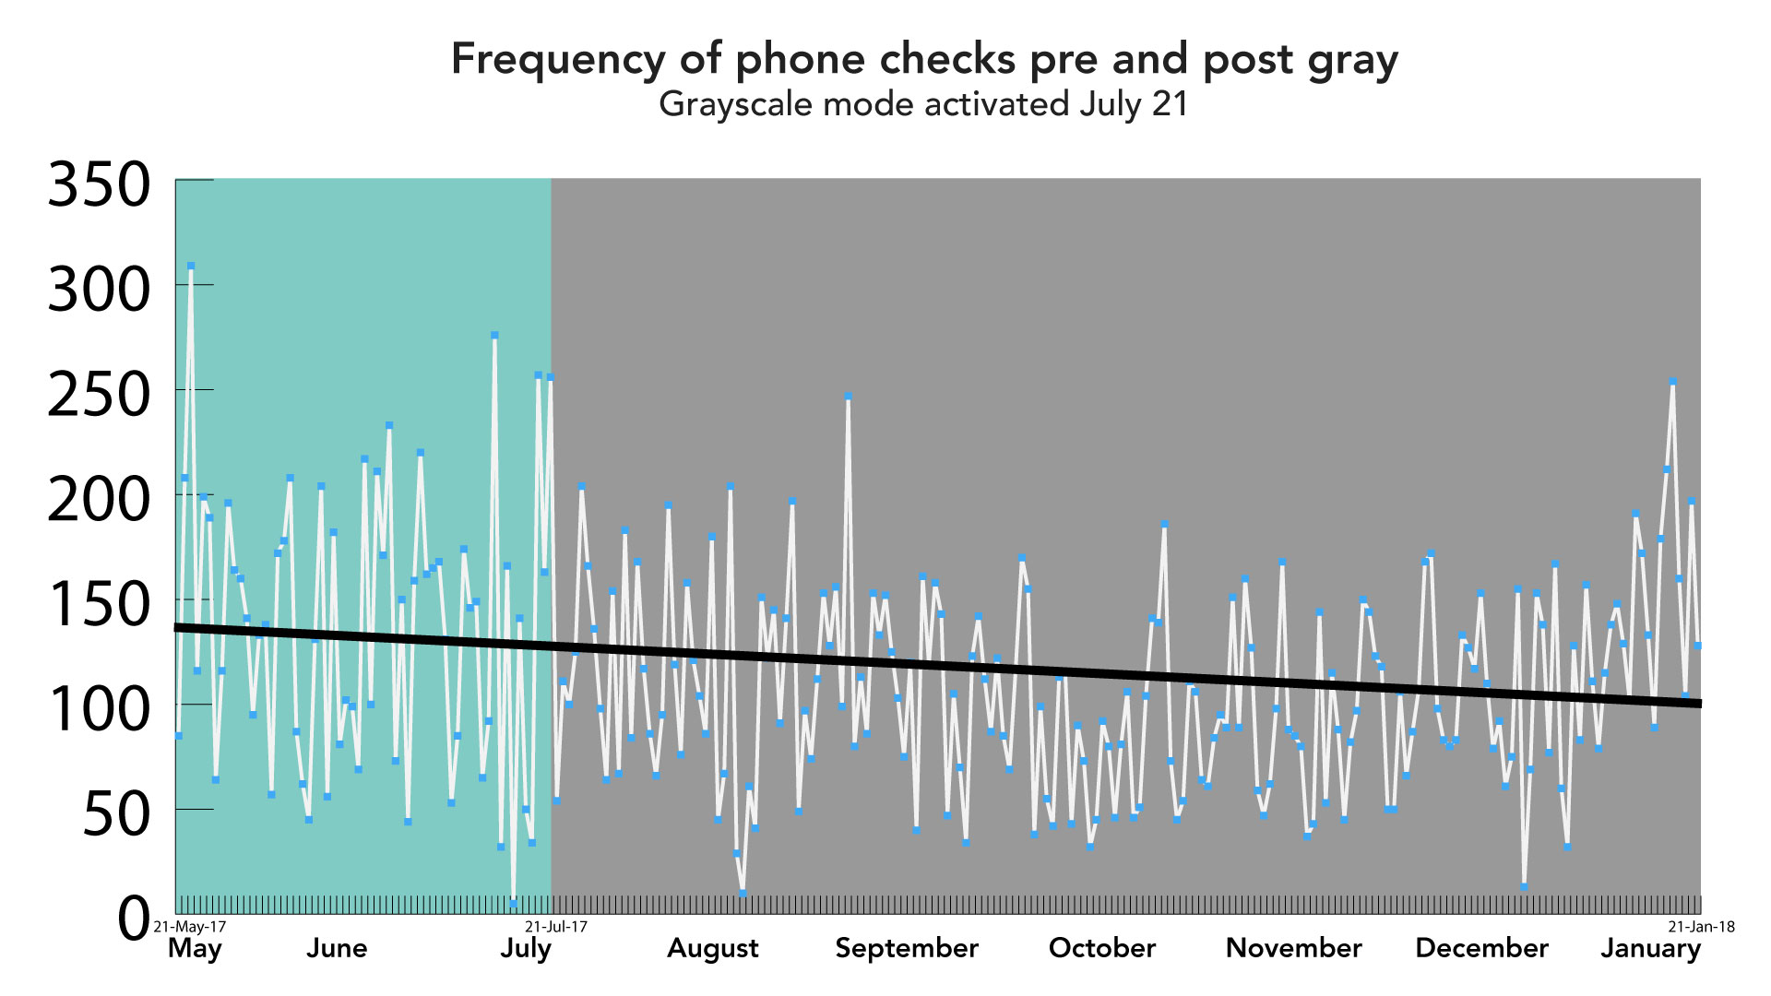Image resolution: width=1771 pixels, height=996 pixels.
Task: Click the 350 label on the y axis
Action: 99,185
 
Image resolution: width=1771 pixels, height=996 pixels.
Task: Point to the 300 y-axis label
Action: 99,290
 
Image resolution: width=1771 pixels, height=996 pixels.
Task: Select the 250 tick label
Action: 99,396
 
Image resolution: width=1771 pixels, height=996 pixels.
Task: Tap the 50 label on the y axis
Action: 116,815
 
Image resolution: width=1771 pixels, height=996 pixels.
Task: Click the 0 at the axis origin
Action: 134,919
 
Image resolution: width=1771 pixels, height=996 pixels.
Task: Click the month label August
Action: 712,948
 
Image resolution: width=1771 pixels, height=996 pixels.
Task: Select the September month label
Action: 907,948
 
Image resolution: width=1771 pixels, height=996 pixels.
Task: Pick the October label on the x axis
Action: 1101,948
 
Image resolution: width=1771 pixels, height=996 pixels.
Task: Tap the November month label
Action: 1293,948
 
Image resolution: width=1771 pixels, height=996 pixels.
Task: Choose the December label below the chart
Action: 1481,948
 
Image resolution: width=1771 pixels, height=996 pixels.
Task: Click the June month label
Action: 337,948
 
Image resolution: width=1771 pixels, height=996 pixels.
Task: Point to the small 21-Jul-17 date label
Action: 556,927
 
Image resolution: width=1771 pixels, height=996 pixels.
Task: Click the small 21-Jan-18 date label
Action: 1701,927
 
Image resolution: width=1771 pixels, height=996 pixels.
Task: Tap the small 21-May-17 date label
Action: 190,927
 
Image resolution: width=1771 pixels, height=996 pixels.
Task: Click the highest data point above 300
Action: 191,266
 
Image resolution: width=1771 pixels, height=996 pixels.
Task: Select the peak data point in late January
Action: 1672,381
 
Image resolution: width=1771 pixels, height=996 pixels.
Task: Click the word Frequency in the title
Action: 557,59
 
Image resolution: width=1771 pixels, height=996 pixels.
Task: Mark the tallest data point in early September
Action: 848,397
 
